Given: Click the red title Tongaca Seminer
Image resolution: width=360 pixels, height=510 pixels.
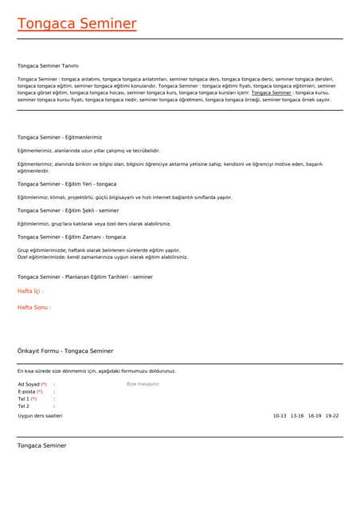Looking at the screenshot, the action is (77, 24).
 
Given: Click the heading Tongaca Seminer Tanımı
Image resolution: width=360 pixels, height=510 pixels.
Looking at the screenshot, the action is (48, 65).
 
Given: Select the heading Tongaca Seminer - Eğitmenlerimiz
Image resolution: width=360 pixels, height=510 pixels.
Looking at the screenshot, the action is (60, 137).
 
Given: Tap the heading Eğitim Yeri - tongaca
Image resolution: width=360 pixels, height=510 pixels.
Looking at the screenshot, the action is (67, 184).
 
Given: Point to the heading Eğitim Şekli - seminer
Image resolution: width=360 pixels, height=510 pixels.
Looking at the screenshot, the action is (68, 210).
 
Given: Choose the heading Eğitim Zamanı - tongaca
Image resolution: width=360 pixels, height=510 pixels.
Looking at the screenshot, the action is (72, 237).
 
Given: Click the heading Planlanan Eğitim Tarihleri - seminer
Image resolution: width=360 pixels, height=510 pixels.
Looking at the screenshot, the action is (85, 277).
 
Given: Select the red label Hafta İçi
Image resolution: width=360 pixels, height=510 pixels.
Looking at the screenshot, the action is (30, 292).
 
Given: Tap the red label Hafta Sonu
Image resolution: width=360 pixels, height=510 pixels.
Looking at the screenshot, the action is (34, 307).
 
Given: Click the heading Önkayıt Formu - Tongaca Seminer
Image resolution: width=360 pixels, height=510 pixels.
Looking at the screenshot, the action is (65, 351).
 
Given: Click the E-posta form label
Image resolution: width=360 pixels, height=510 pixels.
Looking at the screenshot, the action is (30, 392).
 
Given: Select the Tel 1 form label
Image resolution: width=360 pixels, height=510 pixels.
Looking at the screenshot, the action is (27, 399).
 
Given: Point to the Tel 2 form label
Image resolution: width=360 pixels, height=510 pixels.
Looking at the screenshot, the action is (24, 406).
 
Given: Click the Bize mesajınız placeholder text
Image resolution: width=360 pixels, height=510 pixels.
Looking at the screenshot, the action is (143, 384).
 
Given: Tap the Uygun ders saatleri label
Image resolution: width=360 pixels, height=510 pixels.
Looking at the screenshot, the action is (40, 415).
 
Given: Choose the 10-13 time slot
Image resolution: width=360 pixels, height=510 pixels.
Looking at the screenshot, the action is (280, 415).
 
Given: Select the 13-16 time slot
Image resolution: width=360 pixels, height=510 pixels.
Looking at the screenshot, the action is (297, 415).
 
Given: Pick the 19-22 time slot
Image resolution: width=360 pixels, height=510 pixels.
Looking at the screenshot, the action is (332, 415).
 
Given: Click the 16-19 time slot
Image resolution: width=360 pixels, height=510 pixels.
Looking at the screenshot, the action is (315, 415).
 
